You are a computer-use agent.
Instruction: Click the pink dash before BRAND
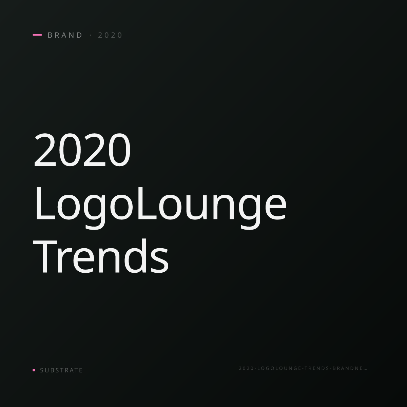pos(37,35)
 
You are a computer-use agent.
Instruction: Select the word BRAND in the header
pos(65,35)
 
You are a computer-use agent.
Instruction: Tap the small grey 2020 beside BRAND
pos(110,35)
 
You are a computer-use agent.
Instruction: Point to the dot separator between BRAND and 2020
pos(91,35)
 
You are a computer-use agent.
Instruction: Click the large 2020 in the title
pos(82,150)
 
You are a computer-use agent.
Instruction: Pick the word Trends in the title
pos(101,256)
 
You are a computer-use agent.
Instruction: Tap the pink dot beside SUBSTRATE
pos(34,370)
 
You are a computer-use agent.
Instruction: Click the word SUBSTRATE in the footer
pos(61,370)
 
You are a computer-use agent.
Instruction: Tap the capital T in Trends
pos(45,257)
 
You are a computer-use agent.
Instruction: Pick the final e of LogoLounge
pos(275,208)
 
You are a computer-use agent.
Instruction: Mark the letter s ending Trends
pos(159,261)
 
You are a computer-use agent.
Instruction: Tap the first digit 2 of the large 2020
pos(45,150)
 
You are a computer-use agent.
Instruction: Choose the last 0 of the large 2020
pos(119,150)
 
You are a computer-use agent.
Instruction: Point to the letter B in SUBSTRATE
pos(52,370)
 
